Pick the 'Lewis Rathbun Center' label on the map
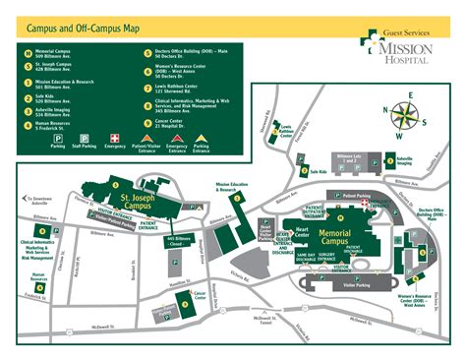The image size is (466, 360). [x=285, y=129]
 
